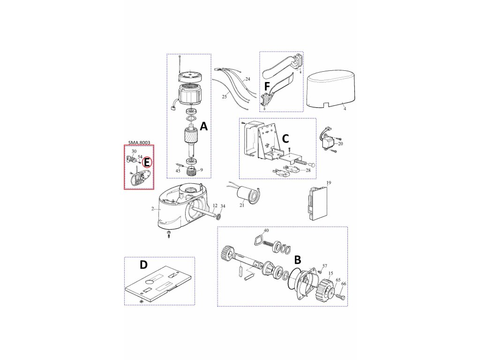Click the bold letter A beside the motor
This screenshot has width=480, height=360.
coord(203,126)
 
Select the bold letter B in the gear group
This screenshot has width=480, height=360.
coord(298,260)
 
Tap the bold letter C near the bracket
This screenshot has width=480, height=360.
coord(285,139)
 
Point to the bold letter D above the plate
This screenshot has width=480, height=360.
coord(143,265)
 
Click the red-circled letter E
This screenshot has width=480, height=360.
coord(147,162)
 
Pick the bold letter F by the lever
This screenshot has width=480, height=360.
coord(267,87)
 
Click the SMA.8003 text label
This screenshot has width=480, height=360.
coord(139,142)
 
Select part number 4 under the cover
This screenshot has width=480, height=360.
coord(345,109)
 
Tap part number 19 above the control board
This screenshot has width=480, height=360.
coord(329,183)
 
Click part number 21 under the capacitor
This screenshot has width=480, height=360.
coord(242,205)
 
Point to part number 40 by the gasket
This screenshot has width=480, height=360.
coord(266,231)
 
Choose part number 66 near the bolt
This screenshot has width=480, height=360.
coord(344,284)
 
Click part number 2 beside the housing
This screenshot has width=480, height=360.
coord(152,209)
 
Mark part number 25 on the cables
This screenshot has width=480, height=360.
coord(225,97)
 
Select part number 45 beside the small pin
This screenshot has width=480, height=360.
coord(178,171)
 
